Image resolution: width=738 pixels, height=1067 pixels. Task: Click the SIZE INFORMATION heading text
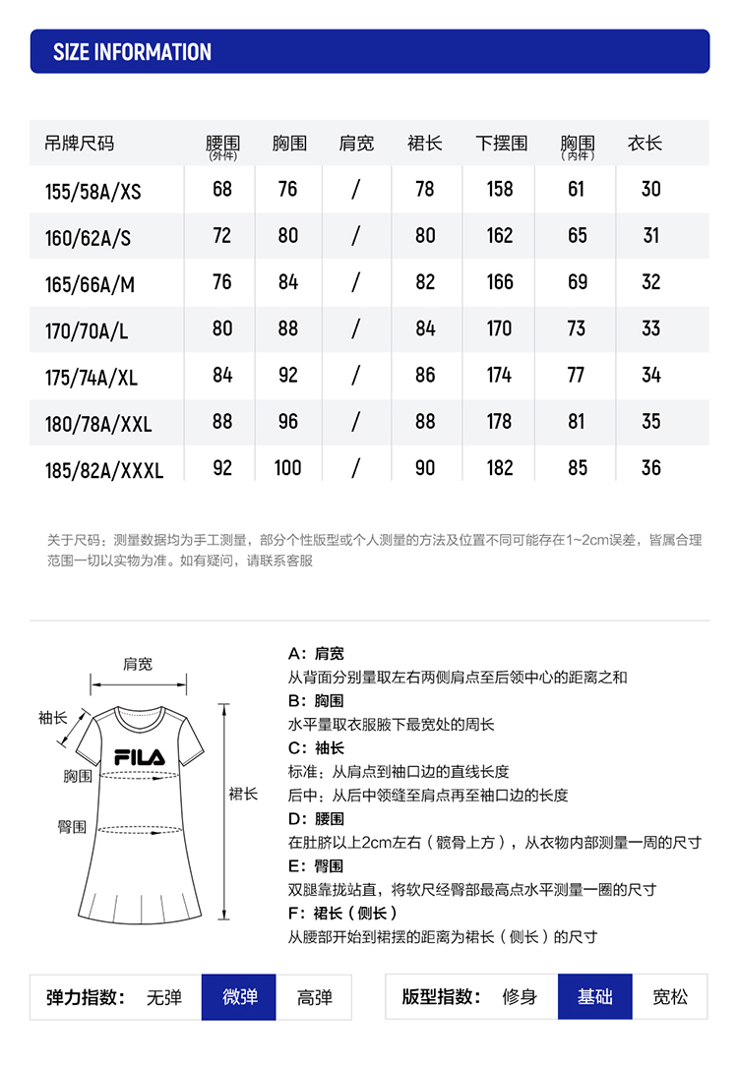click(132, 52)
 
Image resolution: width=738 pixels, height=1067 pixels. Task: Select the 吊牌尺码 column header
click(80, 144)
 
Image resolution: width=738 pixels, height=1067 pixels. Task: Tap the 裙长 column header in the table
click(424, 144)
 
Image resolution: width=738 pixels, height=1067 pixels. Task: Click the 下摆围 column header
click(501, 144)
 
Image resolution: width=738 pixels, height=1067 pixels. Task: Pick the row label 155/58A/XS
click(92, 191)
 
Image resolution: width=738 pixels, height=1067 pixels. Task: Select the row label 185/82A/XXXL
click(103, 470)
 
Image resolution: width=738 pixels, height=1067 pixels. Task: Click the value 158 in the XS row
click(500, 189)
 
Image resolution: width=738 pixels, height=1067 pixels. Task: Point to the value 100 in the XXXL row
click(287, 468)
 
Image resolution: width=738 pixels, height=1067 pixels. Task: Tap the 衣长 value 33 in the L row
click(650, 328)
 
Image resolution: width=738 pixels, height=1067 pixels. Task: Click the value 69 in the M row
click(577, 282)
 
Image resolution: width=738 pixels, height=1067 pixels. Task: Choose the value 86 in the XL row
click(424, 375)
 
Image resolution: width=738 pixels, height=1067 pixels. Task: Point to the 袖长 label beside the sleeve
click(52, 719)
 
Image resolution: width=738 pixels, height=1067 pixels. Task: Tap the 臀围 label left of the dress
click(71, 828)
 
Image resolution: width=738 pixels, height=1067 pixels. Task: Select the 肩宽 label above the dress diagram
click(138, 665)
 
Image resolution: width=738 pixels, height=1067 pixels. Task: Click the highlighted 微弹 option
click(239, 997)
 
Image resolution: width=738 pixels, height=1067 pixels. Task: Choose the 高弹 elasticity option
click(315, 997)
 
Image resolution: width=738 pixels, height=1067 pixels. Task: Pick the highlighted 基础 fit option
click(594, 997)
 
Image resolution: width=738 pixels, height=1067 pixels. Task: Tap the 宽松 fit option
click(670, 997)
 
